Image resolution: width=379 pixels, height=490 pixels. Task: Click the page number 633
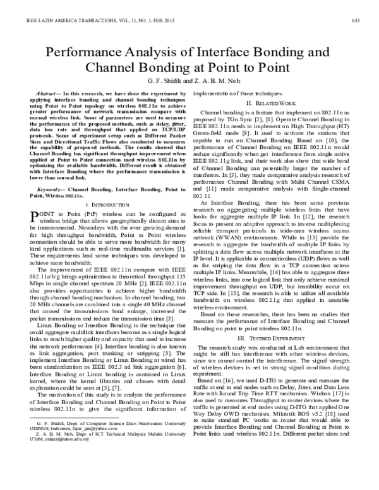(355, 21)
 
